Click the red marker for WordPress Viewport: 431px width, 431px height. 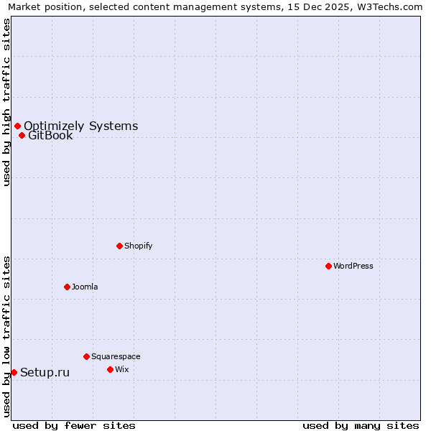tap(328, 266)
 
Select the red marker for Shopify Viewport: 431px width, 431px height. tap(119, 246)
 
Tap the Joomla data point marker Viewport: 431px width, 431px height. tap(67, 287)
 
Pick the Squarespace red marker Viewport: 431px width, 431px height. tap(86, 356)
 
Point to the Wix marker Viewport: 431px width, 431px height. tap(110, 369)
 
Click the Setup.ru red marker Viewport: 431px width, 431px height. tap(14, 372)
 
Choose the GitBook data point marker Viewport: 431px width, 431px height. tap(22, 135)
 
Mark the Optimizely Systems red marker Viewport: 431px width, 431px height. tap(17, 126)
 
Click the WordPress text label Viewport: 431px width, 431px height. tap(353, 266)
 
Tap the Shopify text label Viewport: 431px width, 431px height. tap(139, 246)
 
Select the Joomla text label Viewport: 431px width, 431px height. tap(85, 287)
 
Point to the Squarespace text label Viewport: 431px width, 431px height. tap(116, 356)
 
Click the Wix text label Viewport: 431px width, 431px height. tap(122, 369)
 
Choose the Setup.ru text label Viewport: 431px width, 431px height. tap(45, 372)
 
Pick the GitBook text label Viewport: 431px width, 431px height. tap(50, 136)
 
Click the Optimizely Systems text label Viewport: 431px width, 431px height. tap(80, 126)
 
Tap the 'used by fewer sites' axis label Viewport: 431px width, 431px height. tap(74, 425)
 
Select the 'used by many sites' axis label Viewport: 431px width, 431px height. tap(361, 425)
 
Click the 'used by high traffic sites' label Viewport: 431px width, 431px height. tap(6, 102)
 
